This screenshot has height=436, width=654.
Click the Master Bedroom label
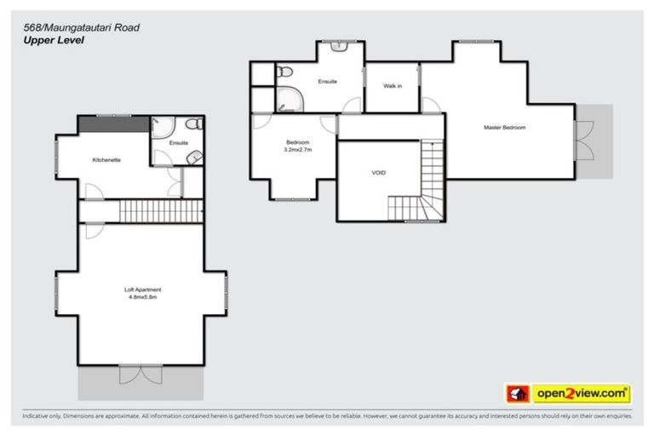coord(504,128)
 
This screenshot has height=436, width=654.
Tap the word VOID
coord(379,173)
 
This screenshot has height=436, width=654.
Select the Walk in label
coord(392,86)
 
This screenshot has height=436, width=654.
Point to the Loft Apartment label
coord(141,290)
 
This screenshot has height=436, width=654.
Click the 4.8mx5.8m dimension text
coord(141,298)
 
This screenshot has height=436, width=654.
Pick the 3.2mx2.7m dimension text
coord(297,150)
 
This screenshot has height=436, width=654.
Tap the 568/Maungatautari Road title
coord(81,27)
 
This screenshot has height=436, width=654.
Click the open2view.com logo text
coord(582,393)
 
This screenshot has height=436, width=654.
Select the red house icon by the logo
coord(517,393)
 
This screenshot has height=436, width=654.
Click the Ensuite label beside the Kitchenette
coord(178,143)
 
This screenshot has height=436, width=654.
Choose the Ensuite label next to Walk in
coord(327,82)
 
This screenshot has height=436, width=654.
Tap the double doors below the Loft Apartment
coord(141,374)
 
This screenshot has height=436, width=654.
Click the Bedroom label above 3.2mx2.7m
coord(297,142)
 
